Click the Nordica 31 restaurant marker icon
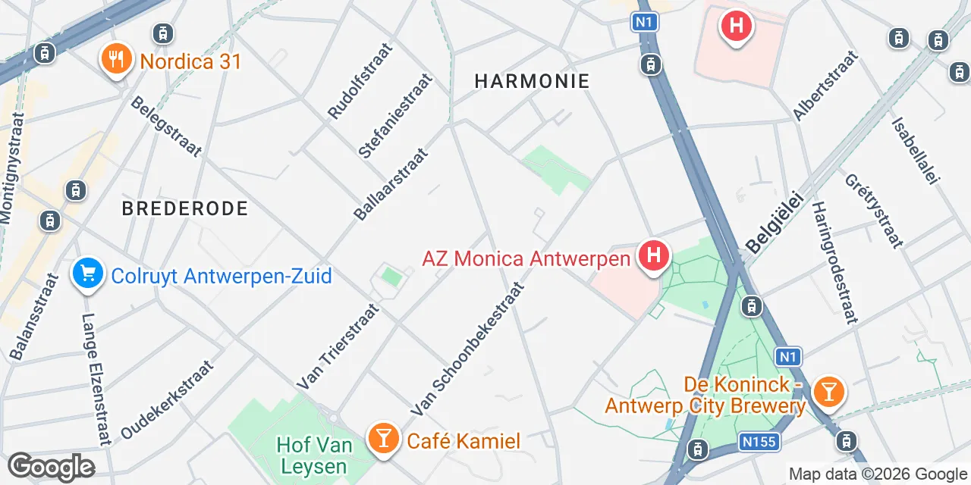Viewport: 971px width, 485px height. click(x=116, y=60)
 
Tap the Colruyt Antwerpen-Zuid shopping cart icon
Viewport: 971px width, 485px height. click(x=88, y=274)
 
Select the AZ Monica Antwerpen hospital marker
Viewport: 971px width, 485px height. click(x=653, y=257)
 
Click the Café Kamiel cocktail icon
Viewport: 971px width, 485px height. click(x=383, y=439)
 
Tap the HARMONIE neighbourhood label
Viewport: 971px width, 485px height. click(x=532, y=81)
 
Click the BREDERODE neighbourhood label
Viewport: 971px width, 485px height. click(x=185, y=208)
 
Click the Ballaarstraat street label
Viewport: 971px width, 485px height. click(x=391, y=184)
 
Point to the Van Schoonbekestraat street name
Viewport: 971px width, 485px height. click(x=468, y=349)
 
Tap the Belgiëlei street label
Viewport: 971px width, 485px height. click(x=775, y=221)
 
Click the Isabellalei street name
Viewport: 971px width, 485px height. click(x=916, y=149)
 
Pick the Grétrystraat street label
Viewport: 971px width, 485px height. click(x=873, y=211)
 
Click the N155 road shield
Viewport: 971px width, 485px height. click(x=759, y=441)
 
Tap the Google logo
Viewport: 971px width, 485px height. click(x=51, y=468)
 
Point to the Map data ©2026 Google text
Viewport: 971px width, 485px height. click(x=878, y=474)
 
